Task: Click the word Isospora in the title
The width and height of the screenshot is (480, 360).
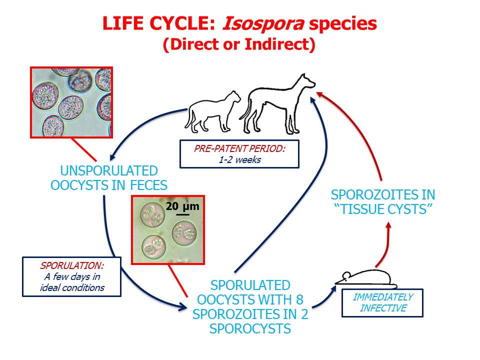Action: [x=263, y=23]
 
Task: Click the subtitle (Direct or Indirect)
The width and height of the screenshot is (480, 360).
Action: [x=239, y=44]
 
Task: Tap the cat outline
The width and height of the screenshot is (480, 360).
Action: [x=212, y=112]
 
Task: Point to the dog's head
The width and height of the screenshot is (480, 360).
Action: [x=305, y=81]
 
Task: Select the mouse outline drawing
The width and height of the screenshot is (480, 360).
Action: [x=366, y=278]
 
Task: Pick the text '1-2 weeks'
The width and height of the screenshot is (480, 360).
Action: [x=239, y=160]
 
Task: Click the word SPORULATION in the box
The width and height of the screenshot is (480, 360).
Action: [x=72, y=265]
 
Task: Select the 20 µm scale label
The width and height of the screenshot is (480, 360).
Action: [x=182, y=206]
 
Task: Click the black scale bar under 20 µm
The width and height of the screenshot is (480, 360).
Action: [x=183, y=214]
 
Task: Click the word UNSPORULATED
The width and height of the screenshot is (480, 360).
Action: [x=109, y=171]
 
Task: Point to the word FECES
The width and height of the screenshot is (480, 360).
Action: [x=149, y=185]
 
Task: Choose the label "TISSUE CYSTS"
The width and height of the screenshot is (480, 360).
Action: [x=383, y=209]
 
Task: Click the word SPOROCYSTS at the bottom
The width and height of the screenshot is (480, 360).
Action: [x=250, y=329]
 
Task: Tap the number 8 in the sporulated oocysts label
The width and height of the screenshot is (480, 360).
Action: [x=299, y=299]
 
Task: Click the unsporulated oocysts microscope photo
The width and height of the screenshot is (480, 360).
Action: [x=71, y=102]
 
